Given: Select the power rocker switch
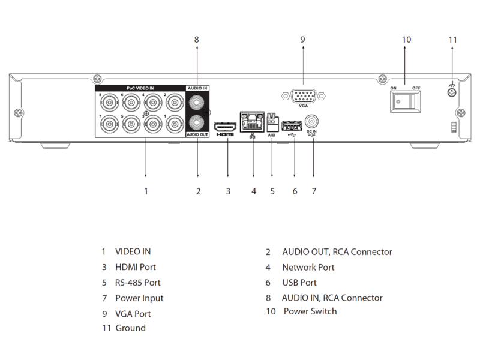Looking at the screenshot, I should tap(405, 103).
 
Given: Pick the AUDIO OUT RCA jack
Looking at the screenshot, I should tap(197, 123).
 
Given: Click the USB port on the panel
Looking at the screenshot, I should tap(291, 125).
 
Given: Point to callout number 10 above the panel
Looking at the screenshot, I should tap(406, 40).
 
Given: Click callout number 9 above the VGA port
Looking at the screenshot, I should tap(303, 40).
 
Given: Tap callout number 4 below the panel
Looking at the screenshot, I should tap(253, 191).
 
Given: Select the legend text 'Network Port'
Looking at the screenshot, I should tap(308, 268).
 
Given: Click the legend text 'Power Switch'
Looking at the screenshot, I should tap(310, 311).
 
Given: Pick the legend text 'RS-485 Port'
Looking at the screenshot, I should tap(138, 283).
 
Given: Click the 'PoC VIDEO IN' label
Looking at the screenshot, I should tap(136, 88).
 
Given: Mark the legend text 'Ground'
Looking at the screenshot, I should tap(131, 328).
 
